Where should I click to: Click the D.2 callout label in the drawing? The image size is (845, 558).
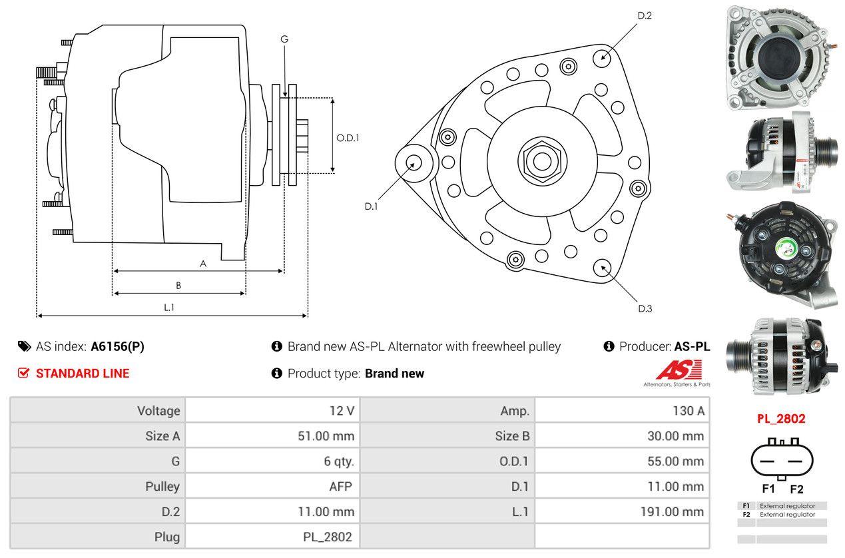click(644, 15)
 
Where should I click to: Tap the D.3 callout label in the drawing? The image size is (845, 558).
click(645, 308)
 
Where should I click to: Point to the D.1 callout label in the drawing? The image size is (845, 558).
click(371, 206)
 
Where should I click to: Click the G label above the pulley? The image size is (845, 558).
click(284, 39)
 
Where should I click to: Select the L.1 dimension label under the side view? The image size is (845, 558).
click(169, 307)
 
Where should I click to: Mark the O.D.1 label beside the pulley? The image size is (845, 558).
click(348, 138)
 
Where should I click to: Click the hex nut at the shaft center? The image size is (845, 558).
click(538, 160)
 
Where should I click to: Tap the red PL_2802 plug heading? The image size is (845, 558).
click(781, 419)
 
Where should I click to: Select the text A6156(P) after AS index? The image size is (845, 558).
click(117, 346)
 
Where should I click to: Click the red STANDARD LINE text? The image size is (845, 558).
click(83, 374)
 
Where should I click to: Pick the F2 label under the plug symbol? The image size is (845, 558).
click(796, 489)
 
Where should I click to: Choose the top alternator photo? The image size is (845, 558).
click(777, 55)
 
